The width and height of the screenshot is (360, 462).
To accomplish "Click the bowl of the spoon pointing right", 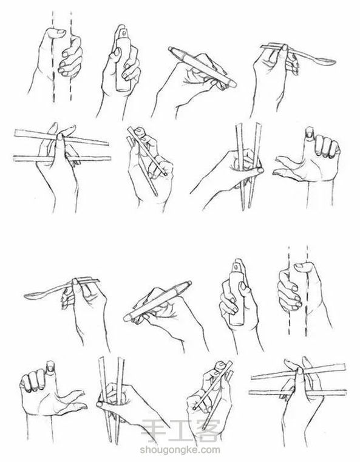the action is coord(325,61).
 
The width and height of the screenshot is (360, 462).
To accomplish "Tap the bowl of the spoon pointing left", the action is coord(34,296).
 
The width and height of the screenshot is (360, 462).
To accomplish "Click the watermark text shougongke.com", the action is coord(180,450).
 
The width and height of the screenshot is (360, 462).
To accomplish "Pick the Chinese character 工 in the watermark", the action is coord(180,431).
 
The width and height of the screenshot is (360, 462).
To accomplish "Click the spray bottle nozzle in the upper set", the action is coord(122,30).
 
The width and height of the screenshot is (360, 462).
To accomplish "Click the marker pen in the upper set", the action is coord(202,67).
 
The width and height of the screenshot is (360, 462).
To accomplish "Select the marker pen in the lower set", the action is coord(157,301).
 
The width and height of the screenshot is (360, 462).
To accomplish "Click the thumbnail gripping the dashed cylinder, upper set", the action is coord(61,32).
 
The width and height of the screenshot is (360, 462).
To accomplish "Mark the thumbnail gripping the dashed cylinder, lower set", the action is coord(299,266).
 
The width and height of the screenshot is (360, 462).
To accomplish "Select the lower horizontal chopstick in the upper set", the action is coord(62,159).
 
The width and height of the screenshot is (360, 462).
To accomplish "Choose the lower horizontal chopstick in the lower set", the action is coord(297,392).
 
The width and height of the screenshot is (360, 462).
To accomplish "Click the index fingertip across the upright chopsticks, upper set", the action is coord(260,171).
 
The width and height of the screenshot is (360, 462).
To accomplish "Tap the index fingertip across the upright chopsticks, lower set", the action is coord(100,404).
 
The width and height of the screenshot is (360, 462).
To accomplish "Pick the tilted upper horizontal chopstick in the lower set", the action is coord(298,372).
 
